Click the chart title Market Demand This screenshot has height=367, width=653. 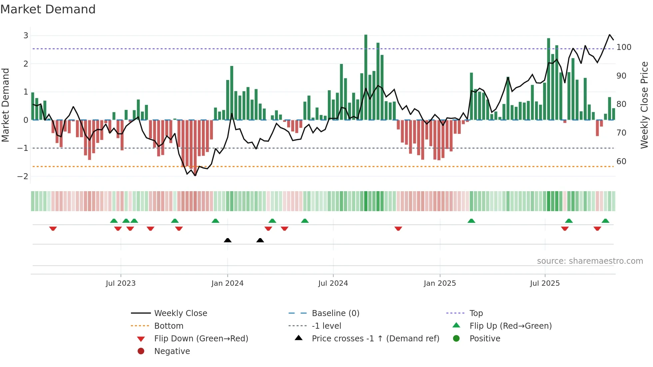pyautogui.click(x=48, y=9)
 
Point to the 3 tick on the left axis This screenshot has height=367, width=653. pyautogui.click(x=26, y=35)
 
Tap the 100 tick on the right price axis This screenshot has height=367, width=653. pyautogui.click(x=624, y=47)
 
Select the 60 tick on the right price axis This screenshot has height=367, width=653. pyautogui.click(x=621, y=162)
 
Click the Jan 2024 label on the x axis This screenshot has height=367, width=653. pyautogui.click(x=227, y=283)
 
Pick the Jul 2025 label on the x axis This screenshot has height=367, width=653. pyautogui.click(x=545, y=283)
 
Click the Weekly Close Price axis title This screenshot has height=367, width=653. pyautogui.click(x=644, y=105)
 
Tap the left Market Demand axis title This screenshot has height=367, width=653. pyautogui.click(x=5, y=105)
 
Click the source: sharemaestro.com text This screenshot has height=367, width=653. pyautogui.click(x=590, y=261)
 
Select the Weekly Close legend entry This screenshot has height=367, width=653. pyautogui.click(x=180, y=313)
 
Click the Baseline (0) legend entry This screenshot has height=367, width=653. pyautogui.click(x=335, y=313)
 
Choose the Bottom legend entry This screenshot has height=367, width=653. pyautogui.click(x=169, y=326)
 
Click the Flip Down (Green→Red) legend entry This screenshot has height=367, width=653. pyautogui.click(x=201, y=339)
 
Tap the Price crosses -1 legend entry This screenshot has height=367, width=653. pyautogui.click(x=375, y=339)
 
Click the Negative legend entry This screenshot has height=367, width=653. pyautogui.click(x=172, y=351)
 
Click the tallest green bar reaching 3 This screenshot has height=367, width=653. pyautogui.click(x=366, y=77)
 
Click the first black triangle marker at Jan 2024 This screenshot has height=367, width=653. pyautogui.click(x=228, y=240)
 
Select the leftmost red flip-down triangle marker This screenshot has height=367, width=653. pyautogui.click(x=53, y=228)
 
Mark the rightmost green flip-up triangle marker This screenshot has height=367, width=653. pyautogui.click(x=605, y=221)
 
